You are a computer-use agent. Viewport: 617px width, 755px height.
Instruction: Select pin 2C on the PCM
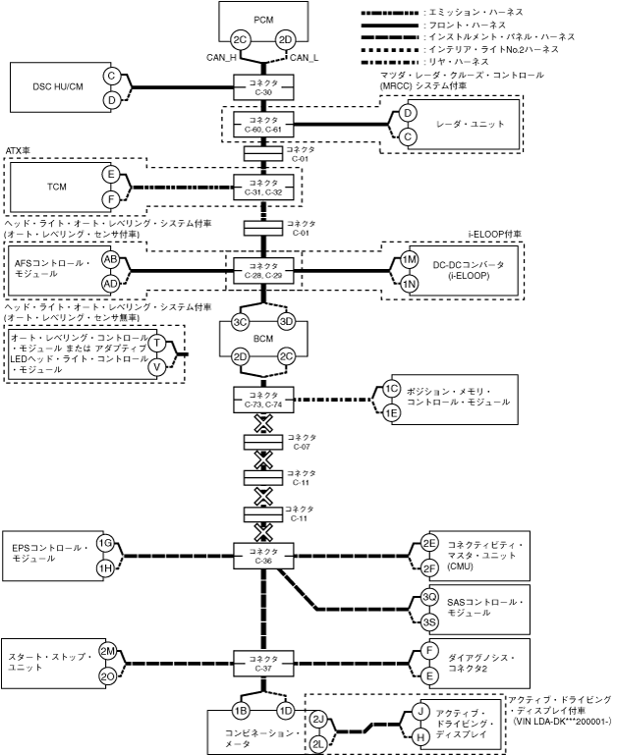click(x=238, y=39)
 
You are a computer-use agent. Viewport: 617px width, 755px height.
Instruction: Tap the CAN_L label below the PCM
click(x=306, y=57)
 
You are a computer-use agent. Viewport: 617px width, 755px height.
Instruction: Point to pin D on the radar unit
click(x=407, y=113)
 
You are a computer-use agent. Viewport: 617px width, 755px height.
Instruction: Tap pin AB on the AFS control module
click(x=111, y=259)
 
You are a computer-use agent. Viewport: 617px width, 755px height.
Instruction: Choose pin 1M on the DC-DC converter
click(x=410, y=259)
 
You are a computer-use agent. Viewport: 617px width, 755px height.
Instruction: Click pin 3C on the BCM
click(x=239, y=322)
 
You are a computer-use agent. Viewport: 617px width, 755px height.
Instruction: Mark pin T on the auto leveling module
click(x=156, y=343)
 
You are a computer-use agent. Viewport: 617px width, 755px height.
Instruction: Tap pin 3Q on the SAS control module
click(x=429, y=596)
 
